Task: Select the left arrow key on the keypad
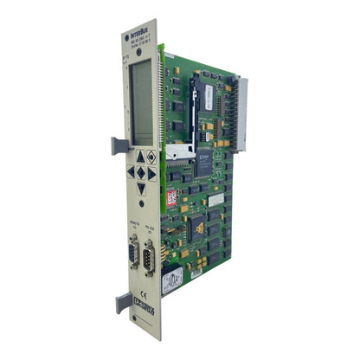tap(132, 172)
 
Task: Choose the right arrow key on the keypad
tap(152, 173)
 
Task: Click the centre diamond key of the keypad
tap(142, 172)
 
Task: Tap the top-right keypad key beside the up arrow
tap(151, 157)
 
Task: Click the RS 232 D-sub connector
tap(150, 257)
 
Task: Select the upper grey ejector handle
tap(119, 145)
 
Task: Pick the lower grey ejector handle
tap(123, 301)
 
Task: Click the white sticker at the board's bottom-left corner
tap(172, 279)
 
